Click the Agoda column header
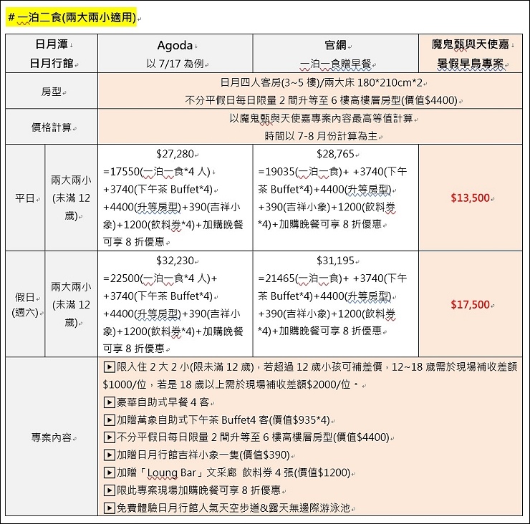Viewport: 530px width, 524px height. click(175, 45)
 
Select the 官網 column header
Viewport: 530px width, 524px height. click(334, 45)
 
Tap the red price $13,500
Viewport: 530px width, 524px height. click(470, 198)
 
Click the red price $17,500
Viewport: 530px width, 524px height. click(470, 304)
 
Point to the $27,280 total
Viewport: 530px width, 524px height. click(175, 154)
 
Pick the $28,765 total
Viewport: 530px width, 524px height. click(335, 154)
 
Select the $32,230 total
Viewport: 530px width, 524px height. click(175, 261)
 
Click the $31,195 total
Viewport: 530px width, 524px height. click(335, 261)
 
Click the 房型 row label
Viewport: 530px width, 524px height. click(52, 92)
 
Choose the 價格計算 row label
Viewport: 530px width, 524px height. click(52, 127)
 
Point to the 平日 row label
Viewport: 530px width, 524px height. click(25, 198)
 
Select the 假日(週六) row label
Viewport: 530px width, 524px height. click(25, 304)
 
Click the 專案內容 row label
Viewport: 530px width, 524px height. click(52, 437)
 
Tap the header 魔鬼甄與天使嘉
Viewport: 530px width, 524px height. click(471, 44)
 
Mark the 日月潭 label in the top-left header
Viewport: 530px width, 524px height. click(51, 44)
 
